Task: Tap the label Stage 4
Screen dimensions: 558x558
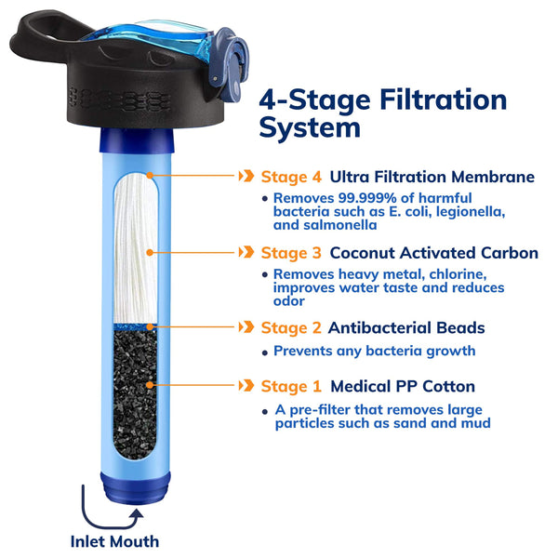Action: coord(291,176)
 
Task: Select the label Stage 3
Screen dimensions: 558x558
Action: coord(291,252)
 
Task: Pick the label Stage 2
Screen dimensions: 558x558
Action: coord(291,327)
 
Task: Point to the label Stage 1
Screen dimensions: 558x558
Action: coord(291,386)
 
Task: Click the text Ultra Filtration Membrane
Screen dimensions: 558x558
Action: coord(432,176)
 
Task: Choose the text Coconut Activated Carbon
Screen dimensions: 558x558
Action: coord(433,252)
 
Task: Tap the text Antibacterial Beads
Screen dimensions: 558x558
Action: coord(406,327)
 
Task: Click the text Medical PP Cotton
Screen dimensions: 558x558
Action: coord(403,386)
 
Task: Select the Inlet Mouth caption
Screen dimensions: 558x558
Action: coord(114,541)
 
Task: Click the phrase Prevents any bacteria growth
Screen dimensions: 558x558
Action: coord(374,351)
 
